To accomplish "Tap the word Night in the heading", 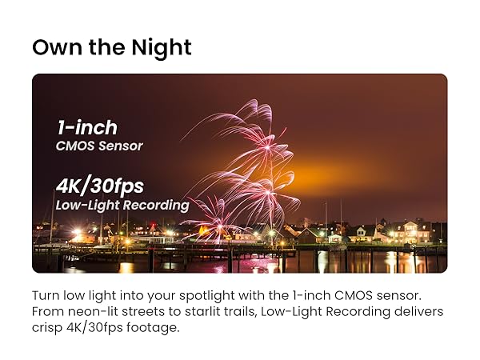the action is [x=162, y=48].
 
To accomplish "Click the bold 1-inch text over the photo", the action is [x=87, y=127].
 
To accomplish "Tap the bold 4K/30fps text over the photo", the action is [x=100, y=186].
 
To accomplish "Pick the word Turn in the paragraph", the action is [x=46, y=296].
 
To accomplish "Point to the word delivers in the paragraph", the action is [x=418, y=312].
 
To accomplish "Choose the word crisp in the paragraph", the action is [x=47, y=328].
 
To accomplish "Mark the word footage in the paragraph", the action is [x=153, y=328].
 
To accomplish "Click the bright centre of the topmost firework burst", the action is [x=267, y=147].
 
